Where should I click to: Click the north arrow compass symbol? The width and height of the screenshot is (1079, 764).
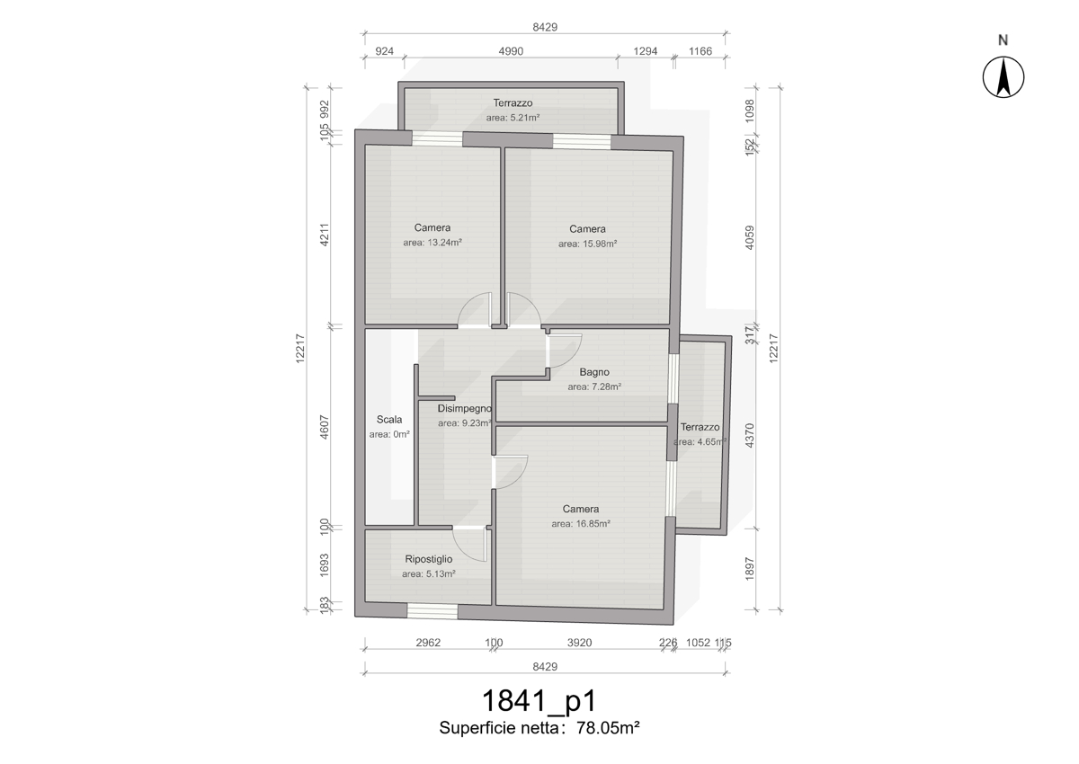coord(1003,77)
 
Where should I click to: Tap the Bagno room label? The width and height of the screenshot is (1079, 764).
coord(594,372)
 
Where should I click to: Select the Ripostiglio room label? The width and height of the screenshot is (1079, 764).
coord(429,559)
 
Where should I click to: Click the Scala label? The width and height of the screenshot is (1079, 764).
coord(389,420)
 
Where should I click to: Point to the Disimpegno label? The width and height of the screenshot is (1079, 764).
coord(464,409)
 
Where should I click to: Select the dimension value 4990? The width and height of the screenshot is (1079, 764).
coord(511,51)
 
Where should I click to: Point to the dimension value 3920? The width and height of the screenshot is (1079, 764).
coord(579,643)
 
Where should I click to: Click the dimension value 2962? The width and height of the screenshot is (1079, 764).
coord(428,643)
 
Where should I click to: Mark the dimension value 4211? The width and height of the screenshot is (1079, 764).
coord(325,235)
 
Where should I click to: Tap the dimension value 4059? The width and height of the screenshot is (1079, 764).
coord(750,238)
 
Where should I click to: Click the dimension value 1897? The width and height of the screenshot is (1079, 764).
coord(750,569)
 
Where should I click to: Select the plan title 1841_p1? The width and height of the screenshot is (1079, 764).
coord(539,700)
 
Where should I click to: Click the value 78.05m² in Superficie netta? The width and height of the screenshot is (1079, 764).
coord(608,728)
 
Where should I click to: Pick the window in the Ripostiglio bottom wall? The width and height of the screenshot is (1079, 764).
coord(432,611)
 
